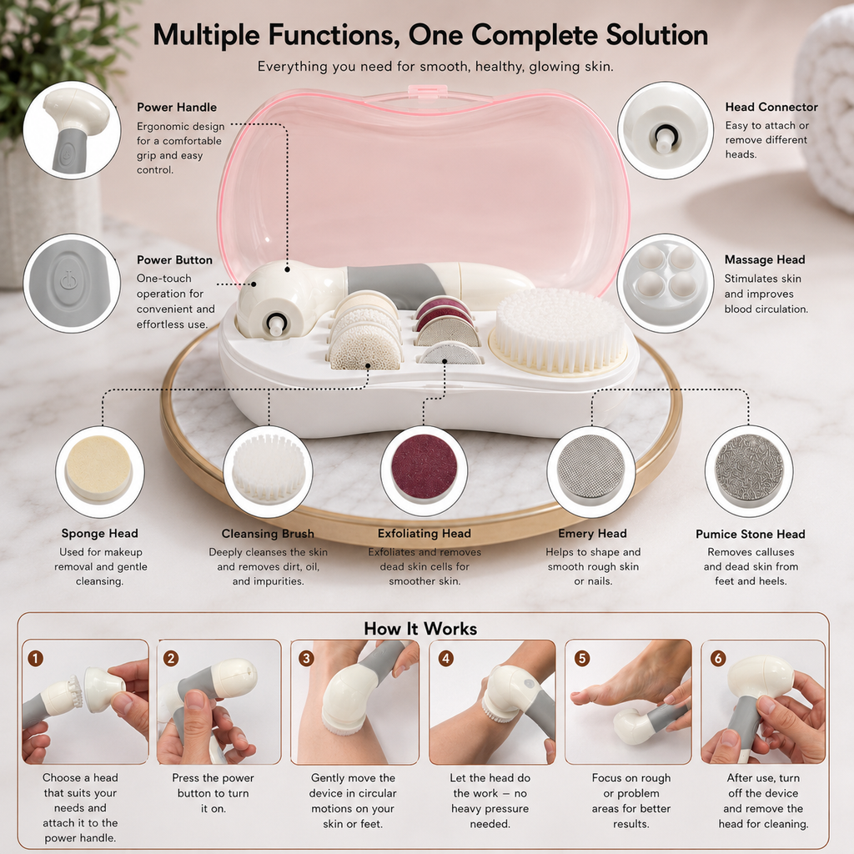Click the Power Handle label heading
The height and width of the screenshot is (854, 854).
tap(177, 108)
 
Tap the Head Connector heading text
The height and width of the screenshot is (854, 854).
tap(771, 108)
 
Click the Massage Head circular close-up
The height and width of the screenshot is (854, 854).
tap(665, 284)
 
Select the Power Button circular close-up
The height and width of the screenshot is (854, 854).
tap(72, 284)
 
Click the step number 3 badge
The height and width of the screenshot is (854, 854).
tap(306, 659)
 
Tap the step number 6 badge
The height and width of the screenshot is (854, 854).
tap(718, 659)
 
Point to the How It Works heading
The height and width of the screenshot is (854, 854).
tap(420, 629)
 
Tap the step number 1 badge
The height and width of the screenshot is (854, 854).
tap(35, 659)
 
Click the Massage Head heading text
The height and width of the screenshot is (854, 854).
tap(764, 260)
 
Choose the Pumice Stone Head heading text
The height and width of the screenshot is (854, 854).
tap(750, 534)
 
